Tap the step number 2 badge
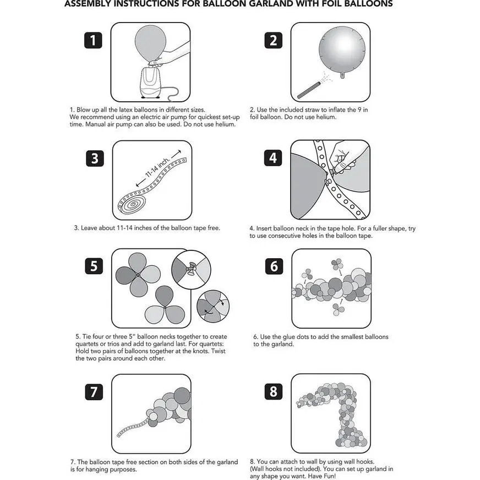[274, 40]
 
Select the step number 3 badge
[95, 158]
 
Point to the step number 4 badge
[274, 158]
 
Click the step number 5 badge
[95, 266]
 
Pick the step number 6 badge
[274, 266]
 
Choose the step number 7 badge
[95, 392]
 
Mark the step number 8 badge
[274, 392]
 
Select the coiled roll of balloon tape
[132, 206]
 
